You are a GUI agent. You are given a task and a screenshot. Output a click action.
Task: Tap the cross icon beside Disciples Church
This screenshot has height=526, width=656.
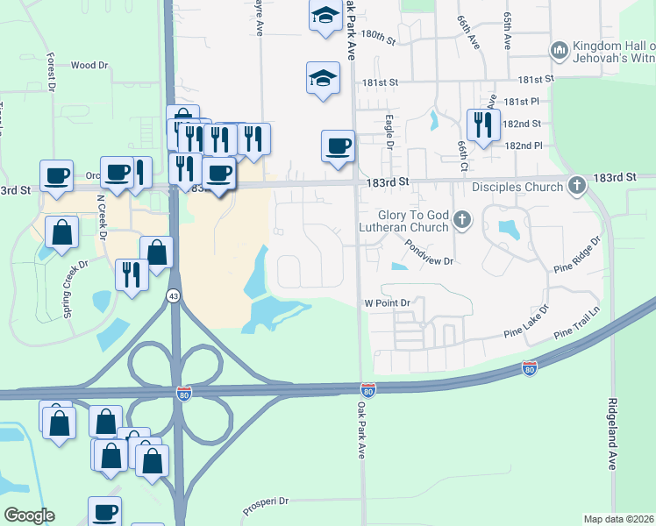click(x=576, y=186)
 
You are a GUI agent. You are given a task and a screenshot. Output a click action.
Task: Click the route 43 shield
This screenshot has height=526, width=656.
click(x=171, y=296)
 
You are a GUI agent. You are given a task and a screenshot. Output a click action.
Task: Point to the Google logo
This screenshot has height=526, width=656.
click(x=29, y=515)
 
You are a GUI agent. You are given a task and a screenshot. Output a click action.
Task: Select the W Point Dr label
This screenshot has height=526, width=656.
click(x=388, y=302)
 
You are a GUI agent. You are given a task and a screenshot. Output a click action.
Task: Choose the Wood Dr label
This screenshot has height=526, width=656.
click(x=89, y=65)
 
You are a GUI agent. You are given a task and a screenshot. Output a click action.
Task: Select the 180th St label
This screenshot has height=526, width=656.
click(x=378, y=39)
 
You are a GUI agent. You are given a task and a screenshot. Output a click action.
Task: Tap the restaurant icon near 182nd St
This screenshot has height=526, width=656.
click(x=482, y=124)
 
